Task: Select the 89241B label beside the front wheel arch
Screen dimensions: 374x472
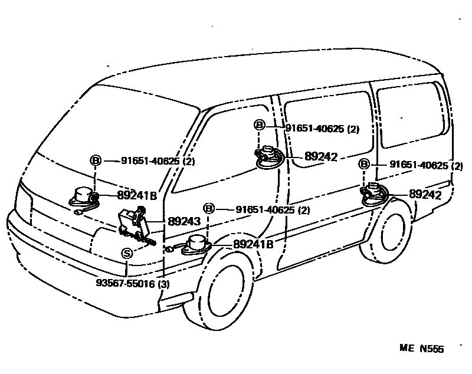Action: click(253, 244)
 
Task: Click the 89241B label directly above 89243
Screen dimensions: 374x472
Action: click(136, 196)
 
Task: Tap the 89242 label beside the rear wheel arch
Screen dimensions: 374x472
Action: click(425, 195)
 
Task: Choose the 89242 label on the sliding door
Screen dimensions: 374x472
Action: click(321, 157)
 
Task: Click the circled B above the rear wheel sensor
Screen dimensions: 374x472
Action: click(365, 165)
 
